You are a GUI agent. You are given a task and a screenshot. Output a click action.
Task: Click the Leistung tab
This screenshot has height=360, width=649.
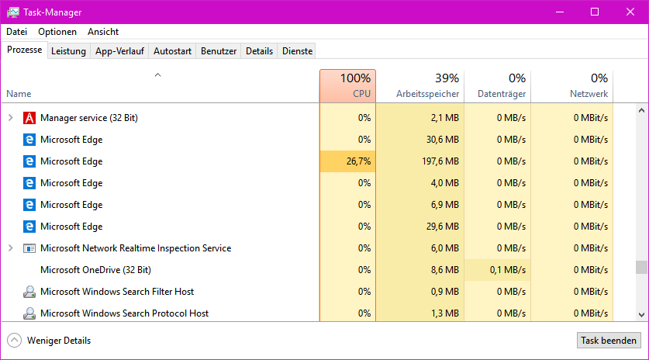pos(68,51)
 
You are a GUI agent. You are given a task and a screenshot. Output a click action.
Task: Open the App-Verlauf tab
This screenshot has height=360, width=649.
pos(119,51)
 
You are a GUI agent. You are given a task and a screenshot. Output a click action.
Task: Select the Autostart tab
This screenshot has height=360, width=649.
pos(172,51)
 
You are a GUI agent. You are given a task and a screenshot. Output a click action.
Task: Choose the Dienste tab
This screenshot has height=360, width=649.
pos(298,51)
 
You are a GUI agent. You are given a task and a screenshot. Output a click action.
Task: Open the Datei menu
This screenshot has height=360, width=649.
pos(16,32)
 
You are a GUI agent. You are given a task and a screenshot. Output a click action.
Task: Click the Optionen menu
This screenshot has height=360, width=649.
pos(57,32)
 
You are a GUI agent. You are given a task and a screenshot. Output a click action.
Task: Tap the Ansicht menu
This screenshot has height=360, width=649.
pos(103,32)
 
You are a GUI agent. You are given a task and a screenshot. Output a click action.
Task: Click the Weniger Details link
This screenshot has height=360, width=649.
pos(58,341)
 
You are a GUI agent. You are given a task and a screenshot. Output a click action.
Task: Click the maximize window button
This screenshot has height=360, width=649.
pos(595,12)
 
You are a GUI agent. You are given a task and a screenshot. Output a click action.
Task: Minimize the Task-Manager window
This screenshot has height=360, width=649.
pos(559,12)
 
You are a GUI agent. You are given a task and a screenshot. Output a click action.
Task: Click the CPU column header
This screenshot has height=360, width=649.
pos(347,85)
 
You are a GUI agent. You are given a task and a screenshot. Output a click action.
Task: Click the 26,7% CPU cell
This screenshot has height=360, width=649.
pos(347,161)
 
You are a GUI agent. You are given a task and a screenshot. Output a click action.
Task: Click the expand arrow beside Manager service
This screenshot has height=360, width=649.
pos(11,118)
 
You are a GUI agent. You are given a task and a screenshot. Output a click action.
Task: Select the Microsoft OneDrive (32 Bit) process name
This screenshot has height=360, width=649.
pos(95,270)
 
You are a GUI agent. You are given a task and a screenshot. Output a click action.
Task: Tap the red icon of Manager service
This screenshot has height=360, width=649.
pos(29,118)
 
